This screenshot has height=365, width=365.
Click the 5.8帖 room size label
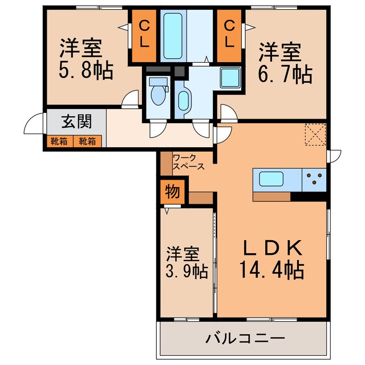click(85, 71)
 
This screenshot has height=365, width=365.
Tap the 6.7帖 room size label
click(285, 74)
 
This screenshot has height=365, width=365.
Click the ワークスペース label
click(188, 161)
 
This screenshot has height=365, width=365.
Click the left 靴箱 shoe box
click(58, 140)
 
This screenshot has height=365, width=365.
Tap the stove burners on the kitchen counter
click(314, 180)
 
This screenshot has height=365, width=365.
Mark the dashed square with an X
click(314, 134)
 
